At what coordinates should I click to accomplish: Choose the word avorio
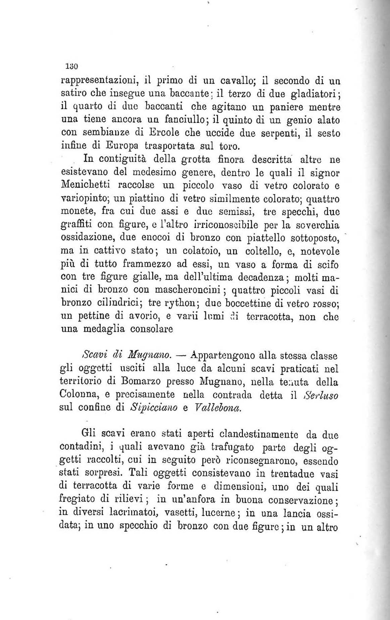131,316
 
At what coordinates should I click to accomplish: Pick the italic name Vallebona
217,408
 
